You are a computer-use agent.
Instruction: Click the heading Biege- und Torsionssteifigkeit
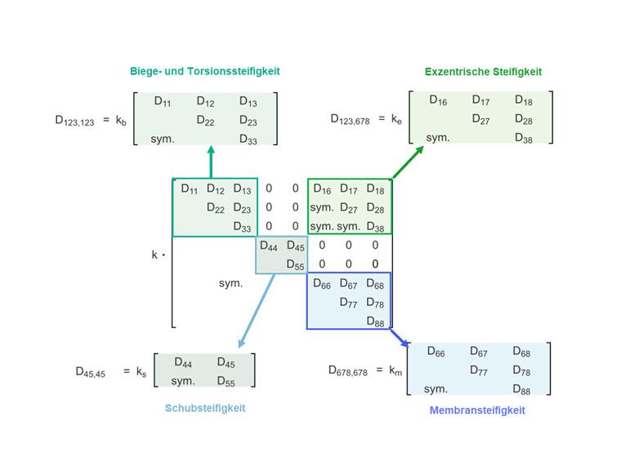click(204, 71)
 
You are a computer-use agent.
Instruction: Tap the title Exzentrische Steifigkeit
click(483, 71)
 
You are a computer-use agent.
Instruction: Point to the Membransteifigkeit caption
click(477, 410)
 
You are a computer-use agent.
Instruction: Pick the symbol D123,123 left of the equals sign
click(74, 121)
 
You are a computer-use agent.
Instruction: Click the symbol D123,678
click(350, 119)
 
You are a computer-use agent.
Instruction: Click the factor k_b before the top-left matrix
click(121, 121)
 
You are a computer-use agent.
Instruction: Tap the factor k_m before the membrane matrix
click(396, 371)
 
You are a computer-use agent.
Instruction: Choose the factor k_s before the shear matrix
click(141, 372)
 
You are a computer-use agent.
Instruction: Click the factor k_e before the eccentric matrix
click(396, 119)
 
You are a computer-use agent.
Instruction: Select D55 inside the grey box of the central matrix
click(296, 264)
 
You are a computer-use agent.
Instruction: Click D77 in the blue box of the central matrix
click(349, 303)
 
